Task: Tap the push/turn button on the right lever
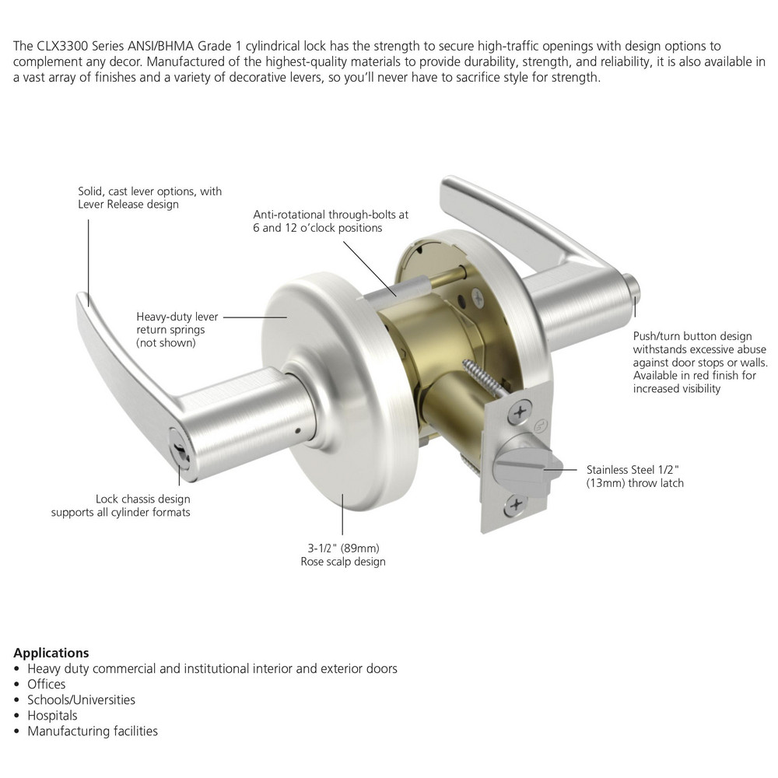coord(636,289)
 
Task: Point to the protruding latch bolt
coord(545,464)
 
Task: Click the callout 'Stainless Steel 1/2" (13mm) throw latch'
coord(634,476)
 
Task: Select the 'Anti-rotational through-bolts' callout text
coord(331,221)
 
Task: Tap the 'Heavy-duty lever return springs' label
coord(177,329)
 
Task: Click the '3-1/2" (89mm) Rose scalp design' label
coord(342,555)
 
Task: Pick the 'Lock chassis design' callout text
coord(121,506)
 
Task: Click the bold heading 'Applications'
coord(51,653)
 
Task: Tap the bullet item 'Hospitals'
coord(52,715)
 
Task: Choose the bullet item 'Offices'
coord(46,684)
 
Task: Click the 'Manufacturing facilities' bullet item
coord(93,731)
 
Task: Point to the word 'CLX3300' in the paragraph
coord(61,47)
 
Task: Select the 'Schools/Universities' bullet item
coord(81,699)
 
